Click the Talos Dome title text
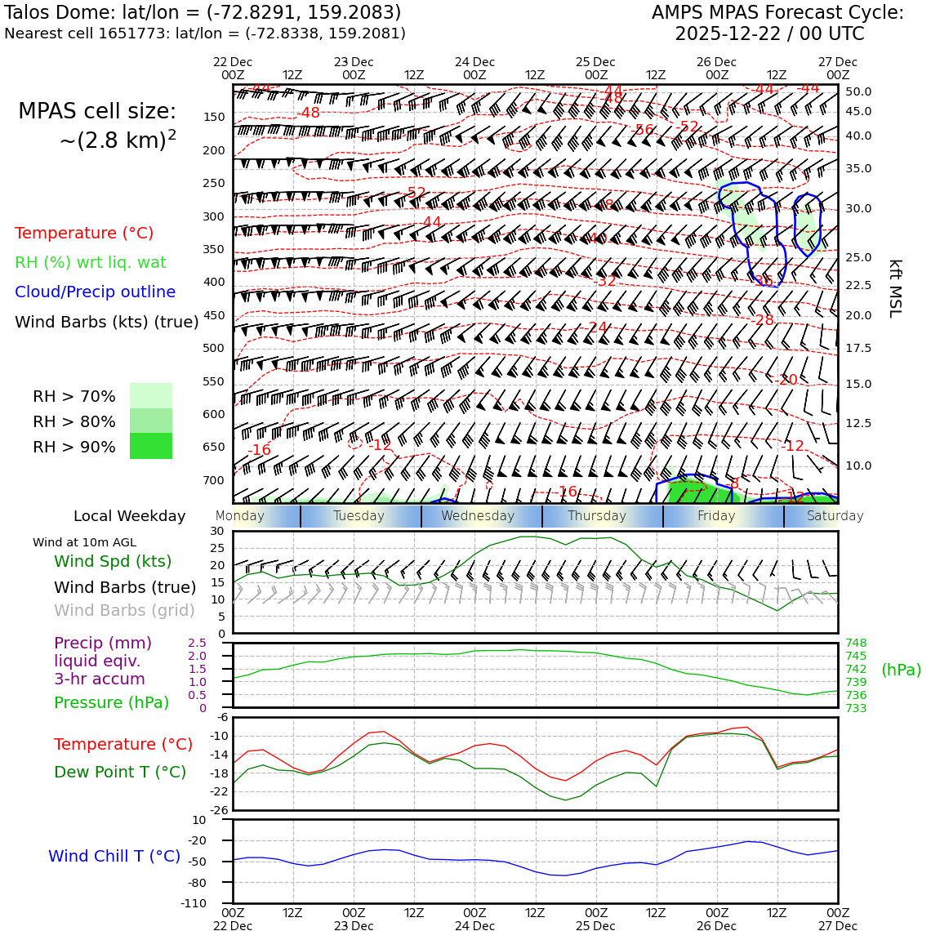tap(203, 13)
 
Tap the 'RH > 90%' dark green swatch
tap(151, 446)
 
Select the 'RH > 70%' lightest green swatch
tap(151, 396)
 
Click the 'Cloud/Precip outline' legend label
tap(95, 292)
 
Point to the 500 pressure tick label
tap(213, 348)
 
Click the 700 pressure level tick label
tap(213, 480)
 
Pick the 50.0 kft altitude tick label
tap(858, 92)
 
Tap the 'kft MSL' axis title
tap(895, 288)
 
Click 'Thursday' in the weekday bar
tap(597, 516)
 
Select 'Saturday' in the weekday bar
tap(835, 516)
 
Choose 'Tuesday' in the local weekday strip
tap(359, 516)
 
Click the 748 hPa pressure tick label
tap(856, 644)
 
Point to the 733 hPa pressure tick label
tap(856, 708)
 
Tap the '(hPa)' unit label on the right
tap(901, 670)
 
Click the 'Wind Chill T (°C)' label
tap(114, 856)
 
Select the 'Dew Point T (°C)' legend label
tap(120, 772)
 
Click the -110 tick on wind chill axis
tap(194, 904)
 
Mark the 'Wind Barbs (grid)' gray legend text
tap(125, 610)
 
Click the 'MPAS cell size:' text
tap(97, 112)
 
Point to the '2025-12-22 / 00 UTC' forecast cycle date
tap(769, 34)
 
